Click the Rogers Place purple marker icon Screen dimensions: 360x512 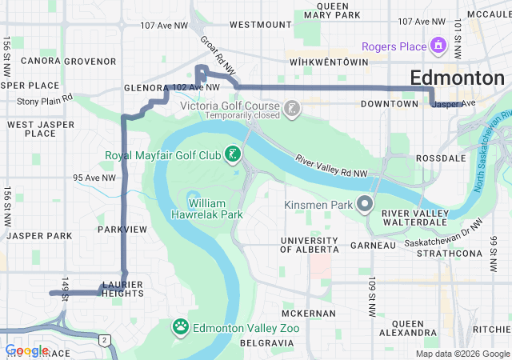click(x=438, y=47)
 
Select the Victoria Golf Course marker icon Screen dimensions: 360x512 click(x=292, y=107)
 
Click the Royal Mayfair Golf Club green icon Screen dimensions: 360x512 click(x=233, y=154)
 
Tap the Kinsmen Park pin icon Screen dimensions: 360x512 click(x=365, y=205)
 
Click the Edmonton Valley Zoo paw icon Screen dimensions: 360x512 click(x=181, y=326)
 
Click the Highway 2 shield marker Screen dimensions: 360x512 click(x=104, y=340)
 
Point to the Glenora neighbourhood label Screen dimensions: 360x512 click(x=145, y=88)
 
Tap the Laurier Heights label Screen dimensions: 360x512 click(x=122, y=288)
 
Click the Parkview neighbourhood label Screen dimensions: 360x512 click(x=122, y=230)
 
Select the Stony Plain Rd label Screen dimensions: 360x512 click(x=45, y=101)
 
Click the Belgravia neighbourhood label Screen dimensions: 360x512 click(x=263, y=342)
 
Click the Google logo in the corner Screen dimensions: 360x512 click(x=26, y=350)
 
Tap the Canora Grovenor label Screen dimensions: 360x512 click(x=69, y=61)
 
